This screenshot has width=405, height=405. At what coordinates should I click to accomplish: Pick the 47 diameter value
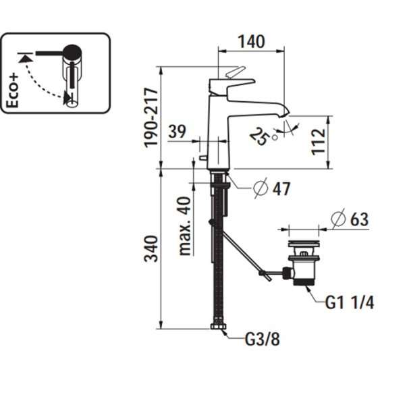click(281, 189)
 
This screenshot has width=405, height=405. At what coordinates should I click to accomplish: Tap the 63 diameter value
click(360, 220)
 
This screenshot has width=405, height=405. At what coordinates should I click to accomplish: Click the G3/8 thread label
click(261, 339)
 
